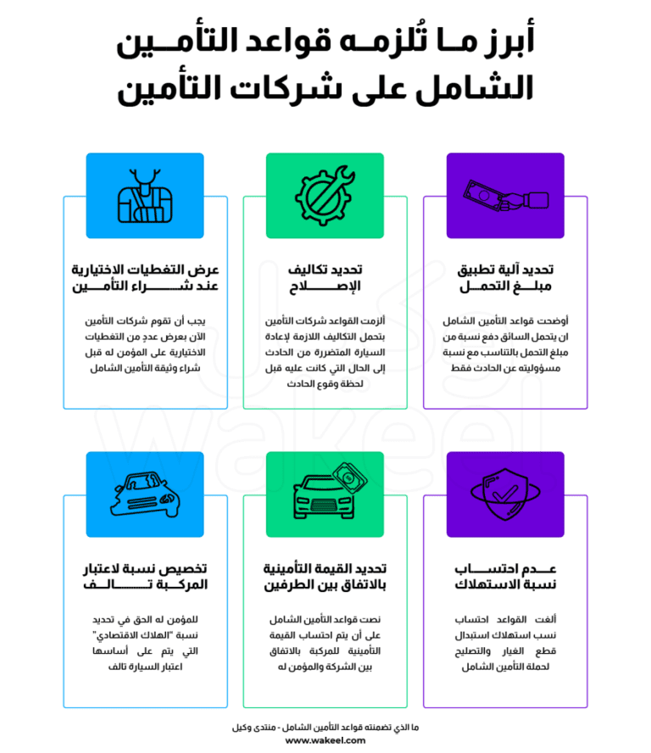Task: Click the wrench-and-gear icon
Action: pos(325,195)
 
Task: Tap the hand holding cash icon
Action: pos(505,196)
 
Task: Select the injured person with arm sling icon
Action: pos(145,195)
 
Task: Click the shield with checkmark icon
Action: pos(505,494)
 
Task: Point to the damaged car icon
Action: pos(145,494)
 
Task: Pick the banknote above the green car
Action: pos(350,477)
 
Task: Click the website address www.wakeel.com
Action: pos(325,740)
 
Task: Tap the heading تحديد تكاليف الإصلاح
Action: pos(325,278)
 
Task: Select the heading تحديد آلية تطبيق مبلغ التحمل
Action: pos(505,278)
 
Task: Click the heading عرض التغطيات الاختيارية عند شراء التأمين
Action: pos(145,278)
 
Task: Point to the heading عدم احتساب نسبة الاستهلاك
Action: pos(505,577)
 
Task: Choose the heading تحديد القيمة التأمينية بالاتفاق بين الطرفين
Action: pos(325,577)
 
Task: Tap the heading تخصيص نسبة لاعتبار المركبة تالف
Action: pos(145,577)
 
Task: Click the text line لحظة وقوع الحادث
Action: pos(325,383)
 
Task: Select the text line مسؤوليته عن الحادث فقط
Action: pos(505,368)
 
